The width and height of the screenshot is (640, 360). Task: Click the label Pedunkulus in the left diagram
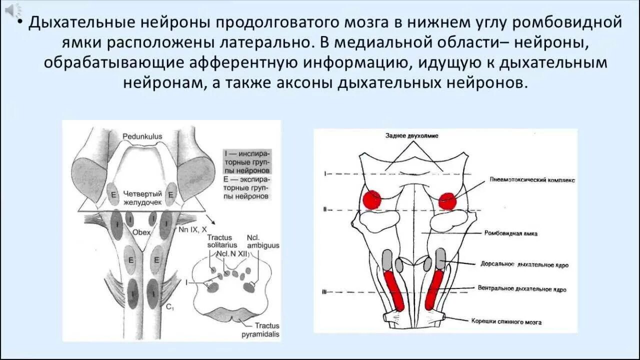(142, 136)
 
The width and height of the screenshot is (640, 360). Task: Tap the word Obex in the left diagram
(141, 232)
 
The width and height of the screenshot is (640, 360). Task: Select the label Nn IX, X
(192, 229)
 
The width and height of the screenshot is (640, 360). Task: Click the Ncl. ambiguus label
(262, 241)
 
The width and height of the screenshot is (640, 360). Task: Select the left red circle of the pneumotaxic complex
(371, 199)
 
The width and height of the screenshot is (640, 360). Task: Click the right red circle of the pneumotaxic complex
(447, 201)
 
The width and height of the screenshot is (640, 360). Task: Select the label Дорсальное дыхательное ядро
(524, 264)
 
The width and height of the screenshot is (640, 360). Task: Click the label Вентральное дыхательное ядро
(522, 289)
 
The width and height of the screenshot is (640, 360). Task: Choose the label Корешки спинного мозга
(513, 322)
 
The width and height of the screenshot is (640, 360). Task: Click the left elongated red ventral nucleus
(394, 289)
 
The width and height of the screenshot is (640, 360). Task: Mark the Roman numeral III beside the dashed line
(324, 292)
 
